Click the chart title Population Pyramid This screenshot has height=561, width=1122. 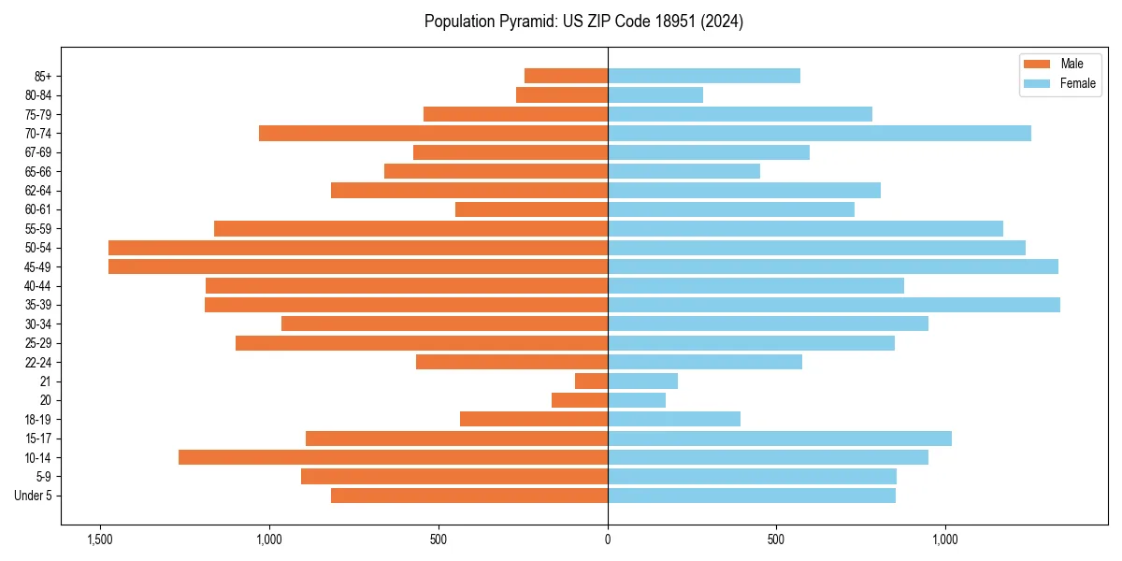[583, 22]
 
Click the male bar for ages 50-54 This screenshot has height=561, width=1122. [358, 248]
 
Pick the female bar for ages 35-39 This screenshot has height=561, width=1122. [834, 305]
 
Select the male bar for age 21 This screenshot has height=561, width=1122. [591, 381]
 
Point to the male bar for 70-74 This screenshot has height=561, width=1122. [433, 134]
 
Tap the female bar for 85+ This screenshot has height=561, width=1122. [704, 76]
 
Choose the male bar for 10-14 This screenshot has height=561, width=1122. [393, 457]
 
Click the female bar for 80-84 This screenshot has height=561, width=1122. [655, 95]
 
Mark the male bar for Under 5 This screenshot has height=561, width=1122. [469, 496]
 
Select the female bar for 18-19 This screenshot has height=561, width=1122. [674, 419]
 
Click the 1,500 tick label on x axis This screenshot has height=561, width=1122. [99, 539]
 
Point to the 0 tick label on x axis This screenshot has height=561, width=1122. [608, 539]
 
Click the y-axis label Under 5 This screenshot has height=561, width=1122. [34, 496]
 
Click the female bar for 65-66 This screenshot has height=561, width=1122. [683, 171]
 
